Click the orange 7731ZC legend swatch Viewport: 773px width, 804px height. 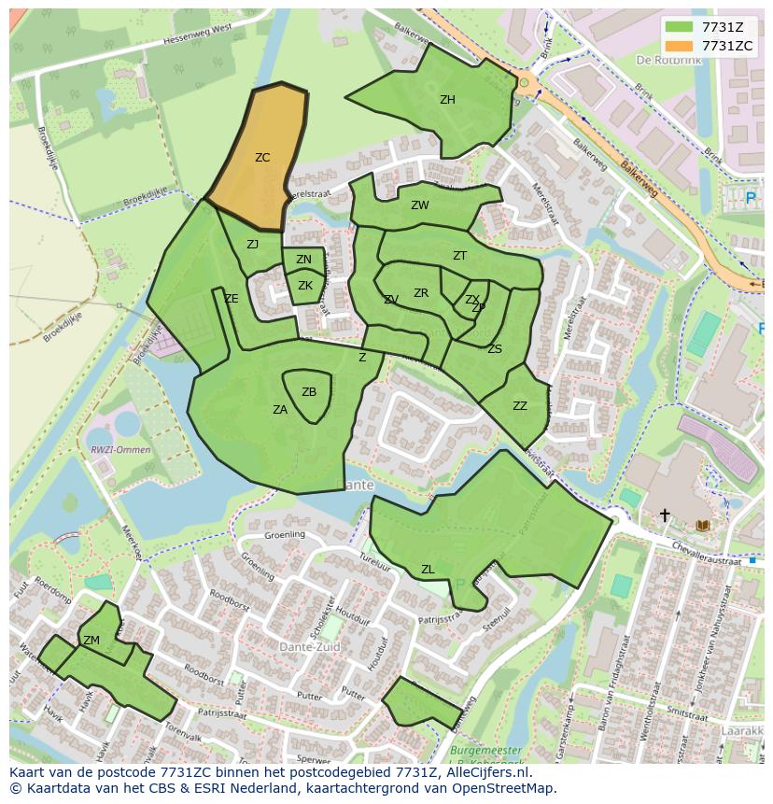tap(679, 46)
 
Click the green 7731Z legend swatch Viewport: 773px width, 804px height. tap(679, 27)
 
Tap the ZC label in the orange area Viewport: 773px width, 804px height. tap(262, 158)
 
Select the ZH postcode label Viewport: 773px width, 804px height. tap(447, 100)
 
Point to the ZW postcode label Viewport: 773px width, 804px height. tap(420, 205)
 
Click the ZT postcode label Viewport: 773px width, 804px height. tap(459, 256)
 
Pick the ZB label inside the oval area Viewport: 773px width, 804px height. tap(309, 392)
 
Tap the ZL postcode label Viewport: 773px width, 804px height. tap(428, 570)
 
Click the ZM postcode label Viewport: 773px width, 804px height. tap(91, 641)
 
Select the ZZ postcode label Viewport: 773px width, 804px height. tap(520, 406)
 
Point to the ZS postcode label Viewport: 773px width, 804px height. tap(495, 349)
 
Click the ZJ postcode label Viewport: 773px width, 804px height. tap(252, 245)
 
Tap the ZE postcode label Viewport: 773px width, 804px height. tap(232, 299)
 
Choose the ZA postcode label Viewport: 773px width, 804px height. tap(280, 410)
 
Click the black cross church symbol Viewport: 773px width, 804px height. tap(665, 515)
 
